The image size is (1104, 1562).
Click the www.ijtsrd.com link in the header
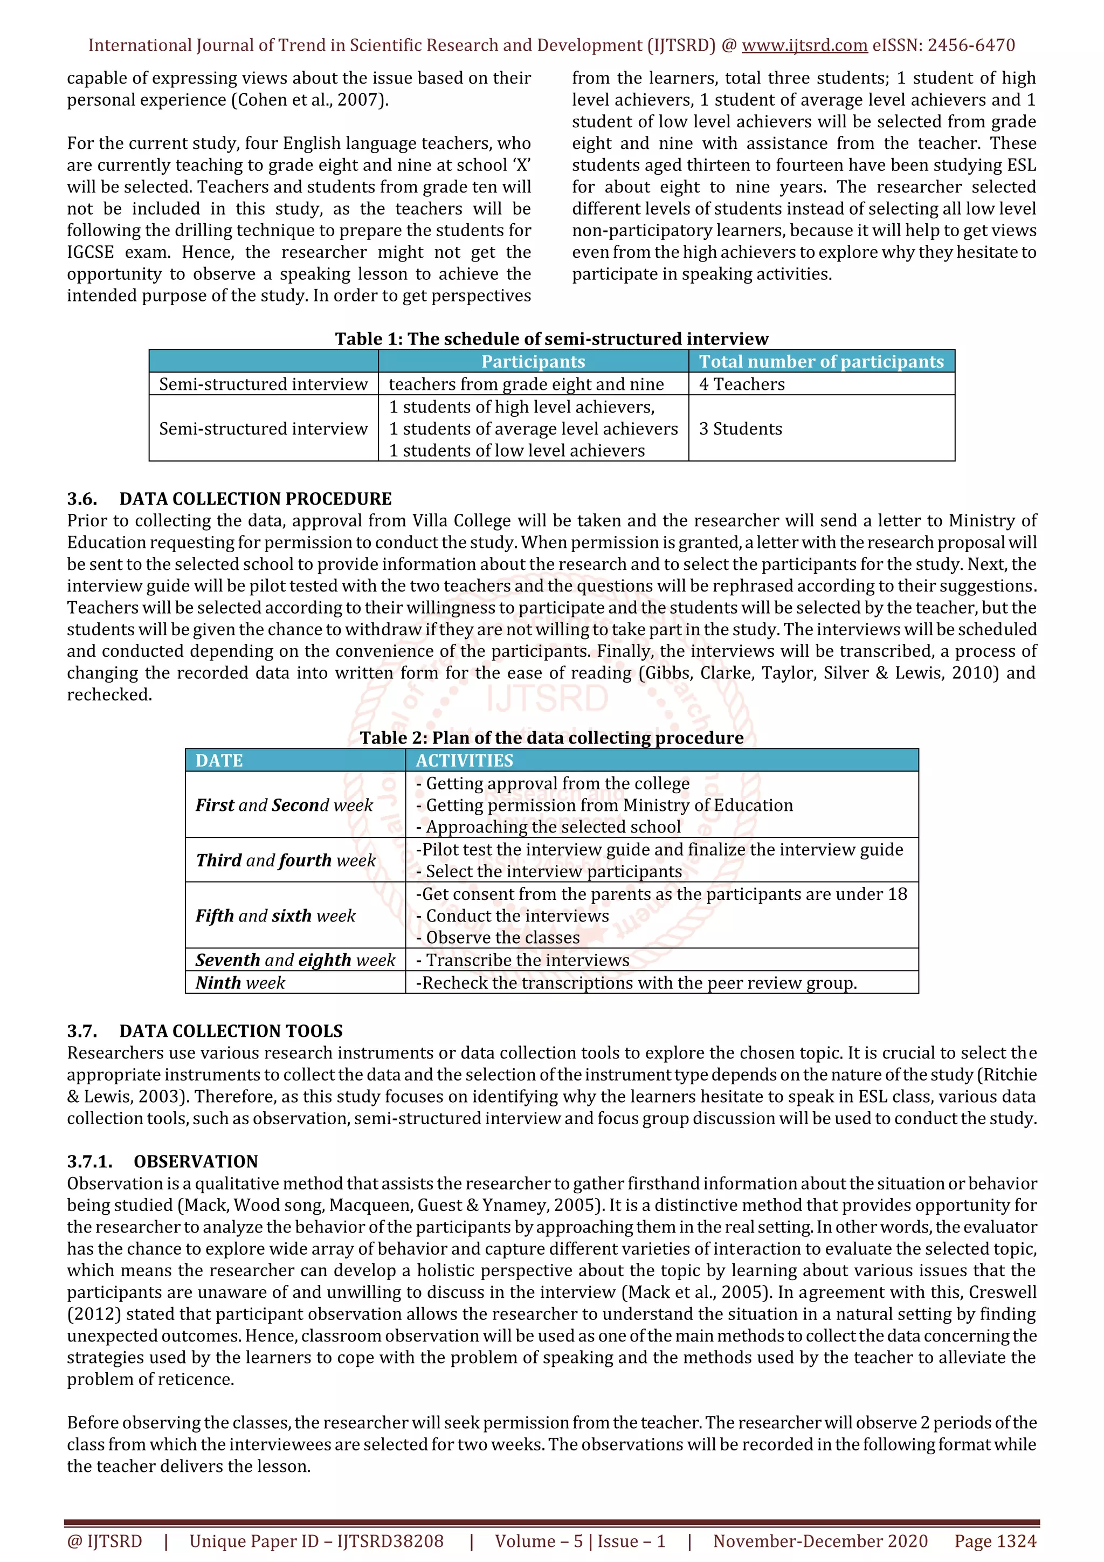pyautogui.click(x=804, y=46)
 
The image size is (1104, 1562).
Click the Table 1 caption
pyautogui.click(x=551, y=339)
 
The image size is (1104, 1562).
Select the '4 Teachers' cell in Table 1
pyautogui.click(x=741, y=384)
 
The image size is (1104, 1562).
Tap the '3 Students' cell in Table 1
pyautogui.click(x=741, y=429)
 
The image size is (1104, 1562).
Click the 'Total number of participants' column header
pyautogui.click(x=821, y=361)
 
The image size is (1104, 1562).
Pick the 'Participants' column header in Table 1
pyautogui.click(x=533, y=361)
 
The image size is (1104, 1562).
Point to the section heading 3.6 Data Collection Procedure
pyautogui.click(x=229, y=499)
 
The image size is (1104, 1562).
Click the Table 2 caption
pyautogui.click(x=551, y=738)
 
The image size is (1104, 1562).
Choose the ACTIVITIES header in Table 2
pyautogui.click(x=464, y=761)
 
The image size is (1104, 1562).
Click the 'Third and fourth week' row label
pyautogui.click(x=286, y=861)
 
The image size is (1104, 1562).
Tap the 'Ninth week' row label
pyautogui.click(x=240, y=983)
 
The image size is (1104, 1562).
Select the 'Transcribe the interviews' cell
pyautogui.click(x=522, y=960)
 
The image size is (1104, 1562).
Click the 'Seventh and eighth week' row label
pyautogui.click(x=295, y=960)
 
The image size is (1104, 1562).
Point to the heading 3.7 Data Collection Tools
pyautogui.click(x=205, y=1031)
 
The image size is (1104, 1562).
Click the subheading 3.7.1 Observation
pyautogui.click(x=163, y=1161)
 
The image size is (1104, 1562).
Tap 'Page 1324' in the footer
pyautogui.click(x=995, y=1542)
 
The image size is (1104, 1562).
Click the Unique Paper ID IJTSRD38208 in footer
pyautogui.click(x=316, y=1542)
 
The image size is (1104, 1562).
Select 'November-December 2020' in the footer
pyautogui.click(x=820, y=1542)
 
